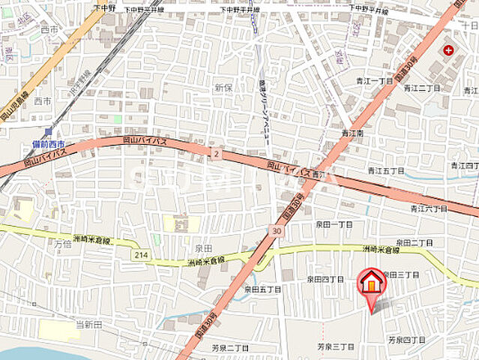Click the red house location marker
tap(370, 283)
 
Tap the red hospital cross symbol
tap(448, 50)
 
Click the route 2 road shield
tap(216, 154)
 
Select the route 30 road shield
tap(277, 232)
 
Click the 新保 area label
tap(223, 88)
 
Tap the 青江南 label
tap(352, 133)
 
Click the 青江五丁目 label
tap(386, 171)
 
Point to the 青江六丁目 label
tap(429, 208)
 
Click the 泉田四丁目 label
tap(324, 279)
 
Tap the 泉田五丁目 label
tap(262, 289)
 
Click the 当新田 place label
tap(88, 324)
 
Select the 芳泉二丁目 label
tap(229, 348)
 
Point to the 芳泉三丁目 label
tap(334, 346)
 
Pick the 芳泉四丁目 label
tap(407, 340)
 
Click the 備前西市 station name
tap(49, 144)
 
